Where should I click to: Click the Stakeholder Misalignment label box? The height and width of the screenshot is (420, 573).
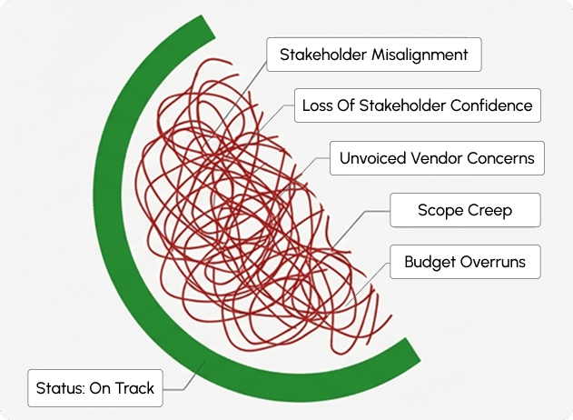[x=373, y=55]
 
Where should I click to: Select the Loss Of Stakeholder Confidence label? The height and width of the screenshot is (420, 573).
[x=418, y=105]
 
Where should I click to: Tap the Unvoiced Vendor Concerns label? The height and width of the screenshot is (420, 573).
[x=437, y=158]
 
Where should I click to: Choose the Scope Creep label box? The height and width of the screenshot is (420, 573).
[x=465, y=211]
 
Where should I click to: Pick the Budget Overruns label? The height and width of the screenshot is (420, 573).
[x=465, y=264]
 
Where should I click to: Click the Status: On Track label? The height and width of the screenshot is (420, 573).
[x=95, y=388]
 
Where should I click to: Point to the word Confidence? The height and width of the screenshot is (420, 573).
[x=495, y=105]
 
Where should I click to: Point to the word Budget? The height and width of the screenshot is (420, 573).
[x=432, y=264]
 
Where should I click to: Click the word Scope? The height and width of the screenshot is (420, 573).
[x=440, y=211]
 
